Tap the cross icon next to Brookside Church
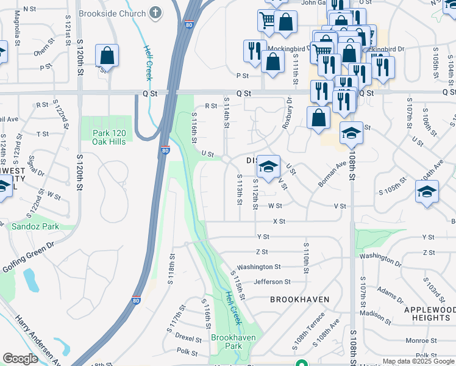point(155,13)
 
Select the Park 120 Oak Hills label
point(109,137)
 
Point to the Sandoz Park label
point(35,226)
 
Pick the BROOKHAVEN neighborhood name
point(299,300)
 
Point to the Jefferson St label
point(272,282)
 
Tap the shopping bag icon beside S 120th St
point(107,56)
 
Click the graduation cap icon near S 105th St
point(427,192)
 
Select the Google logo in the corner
point(20,359)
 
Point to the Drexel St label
point(188,338)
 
